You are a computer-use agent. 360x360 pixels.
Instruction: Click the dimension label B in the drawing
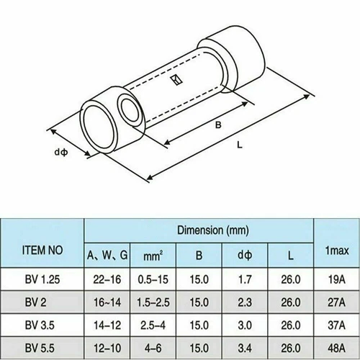[x=218, y=125]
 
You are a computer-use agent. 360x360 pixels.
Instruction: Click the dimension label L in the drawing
[x=240, y=145]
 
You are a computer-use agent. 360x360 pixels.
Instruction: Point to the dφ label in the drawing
[x=61, y=152]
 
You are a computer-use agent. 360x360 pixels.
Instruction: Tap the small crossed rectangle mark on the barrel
[x=176, y=80]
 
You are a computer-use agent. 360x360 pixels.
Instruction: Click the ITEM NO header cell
[x=42, y=250]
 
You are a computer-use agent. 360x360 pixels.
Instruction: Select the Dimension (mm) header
[x=213, y=230]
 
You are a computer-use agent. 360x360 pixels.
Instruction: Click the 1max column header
[x=337, y=251]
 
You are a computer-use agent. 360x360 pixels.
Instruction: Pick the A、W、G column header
[x=107, y=255]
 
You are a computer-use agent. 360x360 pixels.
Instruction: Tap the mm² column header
[x=153, y=256]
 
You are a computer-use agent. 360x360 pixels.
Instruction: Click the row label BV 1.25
[x=42, y=279]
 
